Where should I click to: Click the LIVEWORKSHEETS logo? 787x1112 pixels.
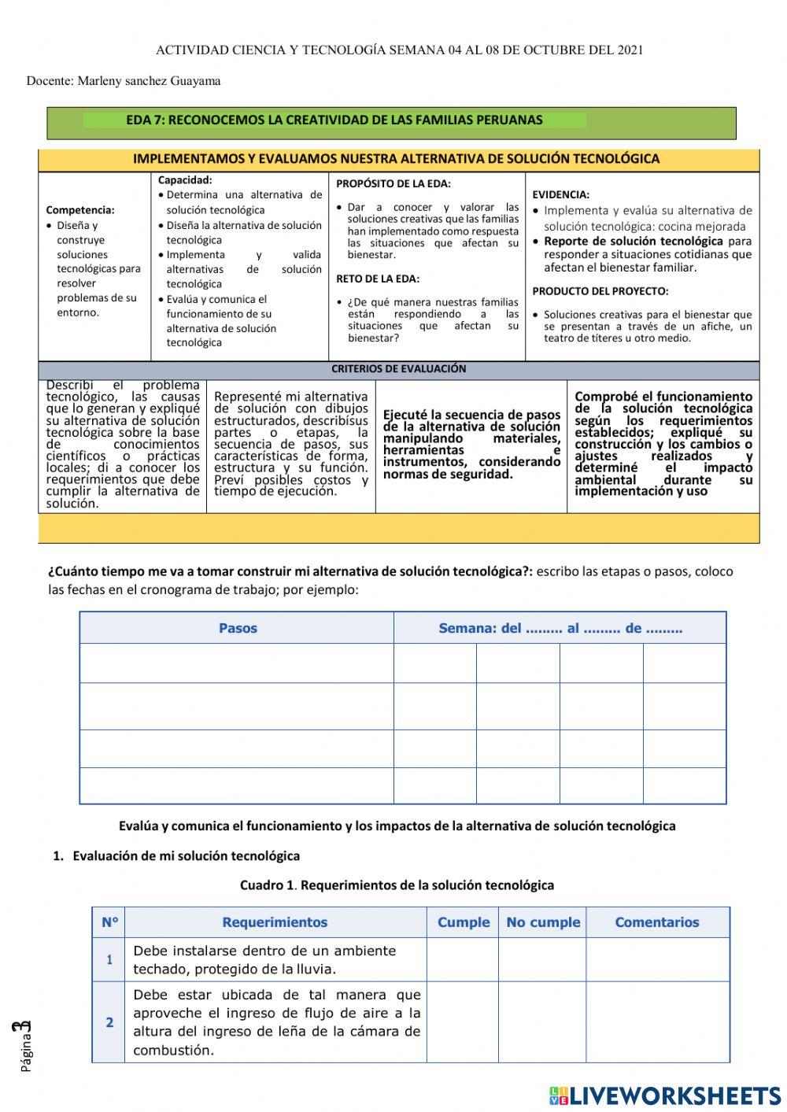coord(665,1095)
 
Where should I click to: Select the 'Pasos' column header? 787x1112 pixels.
coord(238,628)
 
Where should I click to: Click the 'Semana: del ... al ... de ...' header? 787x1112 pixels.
coord(560,628)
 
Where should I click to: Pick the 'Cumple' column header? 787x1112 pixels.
coord(463,922)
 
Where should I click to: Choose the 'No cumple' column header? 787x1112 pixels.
coord(543,922)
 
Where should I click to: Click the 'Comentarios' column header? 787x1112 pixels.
coord(656,922)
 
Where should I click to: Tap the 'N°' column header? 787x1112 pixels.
coord(109,922)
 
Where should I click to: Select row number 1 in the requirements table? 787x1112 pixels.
coord(109,959)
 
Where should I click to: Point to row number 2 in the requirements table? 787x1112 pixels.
coord(109,1022)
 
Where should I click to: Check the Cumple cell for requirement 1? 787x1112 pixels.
coord(463,959)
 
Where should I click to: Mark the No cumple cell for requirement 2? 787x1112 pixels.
coord(543,1022)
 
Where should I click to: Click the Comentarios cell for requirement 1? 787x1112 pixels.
coord(656,959)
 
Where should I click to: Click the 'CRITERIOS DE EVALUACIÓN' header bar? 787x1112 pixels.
coord(398,369)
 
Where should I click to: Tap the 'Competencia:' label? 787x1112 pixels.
coord(80,210)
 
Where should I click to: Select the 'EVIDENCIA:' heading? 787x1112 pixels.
coord(560,194)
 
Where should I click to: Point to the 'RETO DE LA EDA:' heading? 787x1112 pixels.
coord(378,279)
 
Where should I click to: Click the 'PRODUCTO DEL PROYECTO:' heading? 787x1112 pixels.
coord(600,291)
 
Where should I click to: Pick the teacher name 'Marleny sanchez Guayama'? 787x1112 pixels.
coord(149,81)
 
